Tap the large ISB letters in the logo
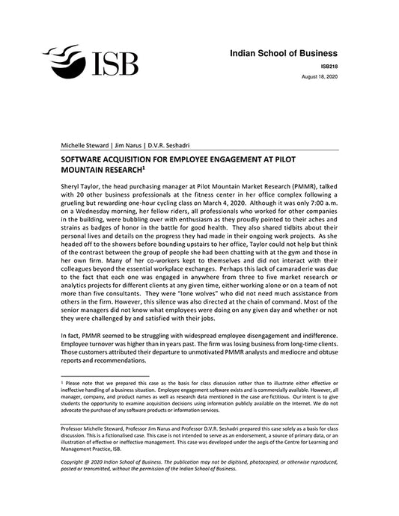tap(114, 64)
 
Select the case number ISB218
tap(327, 67)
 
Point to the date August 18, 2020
tap(320, 77)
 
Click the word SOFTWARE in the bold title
tap(85, 160)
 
